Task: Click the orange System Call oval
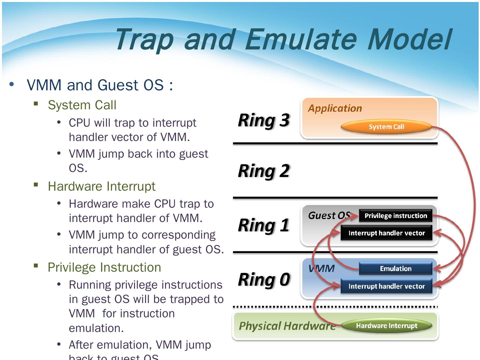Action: (386, 127)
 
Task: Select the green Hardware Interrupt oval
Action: (386, 326)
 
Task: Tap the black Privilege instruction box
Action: (395, 216)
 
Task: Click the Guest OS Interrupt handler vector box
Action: (386, 233)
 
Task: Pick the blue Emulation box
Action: (395, 269)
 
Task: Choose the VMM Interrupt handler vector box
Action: (386, 286)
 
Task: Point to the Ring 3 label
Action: (264, 120)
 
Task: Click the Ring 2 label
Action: (264, 171)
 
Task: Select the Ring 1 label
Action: (264, 225)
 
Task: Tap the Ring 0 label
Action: (264, 279)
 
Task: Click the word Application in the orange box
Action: (335, 108)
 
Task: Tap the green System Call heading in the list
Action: (82, 105)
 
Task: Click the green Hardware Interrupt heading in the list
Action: (102, 186)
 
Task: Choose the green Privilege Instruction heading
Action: (104, 267)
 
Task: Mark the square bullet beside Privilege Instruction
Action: (36, 266)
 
